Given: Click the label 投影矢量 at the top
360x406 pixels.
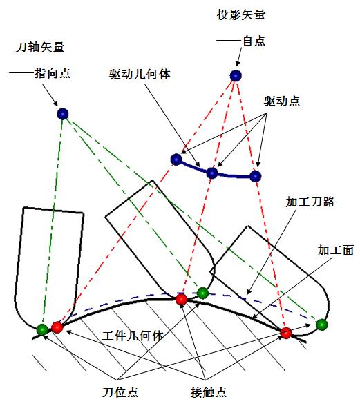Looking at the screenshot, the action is [x=241, y=14].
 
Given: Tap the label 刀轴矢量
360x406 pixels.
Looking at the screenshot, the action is [x=40, y=47].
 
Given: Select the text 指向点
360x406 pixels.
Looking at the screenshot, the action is [x=53, y=73].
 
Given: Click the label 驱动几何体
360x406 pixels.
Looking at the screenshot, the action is [x=140, y=75].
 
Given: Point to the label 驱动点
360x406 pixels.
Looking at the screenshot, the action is [x=282, y=101].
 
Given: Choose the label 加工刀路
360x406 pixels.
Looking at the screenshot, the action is [x=310, y=202].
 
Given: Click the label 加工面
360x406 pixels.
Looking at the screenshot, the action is [x=336, y=250].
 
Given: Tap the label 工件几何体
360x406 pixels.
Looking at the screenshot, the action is [x=133, y=336].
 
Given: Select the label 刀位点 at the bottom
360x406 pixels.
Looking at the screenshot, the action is [x=120, y=392].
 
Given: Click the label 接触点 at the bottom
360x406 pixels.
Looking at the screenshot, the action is [x=209, y=392].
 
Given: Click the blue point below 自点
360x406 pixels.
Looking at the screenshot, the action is [x=236, y=76].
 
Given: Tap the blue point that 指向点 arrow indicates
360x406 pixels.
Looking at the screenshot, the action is [x=63, y=114].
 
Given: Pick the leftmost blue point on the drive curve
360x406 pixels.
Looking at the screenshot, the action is [x=176, y=159].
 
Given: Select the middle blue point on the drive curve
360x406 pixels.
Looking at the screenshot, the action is [x=212, y=173].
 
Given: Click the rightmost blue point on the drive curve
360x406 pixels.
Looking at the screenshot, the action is [x=256, y=176].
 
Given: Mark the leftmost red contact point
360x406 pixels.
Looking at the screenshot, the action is [x=57, y=327].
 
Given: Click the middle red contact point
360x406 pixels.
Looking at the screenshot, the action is [x=181, y=300].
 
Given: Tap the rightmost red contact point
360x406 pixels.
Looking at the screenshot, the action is [x=286, y=333].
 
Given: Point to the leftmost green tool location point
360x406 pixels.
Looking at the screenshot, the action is [x=42, y=329].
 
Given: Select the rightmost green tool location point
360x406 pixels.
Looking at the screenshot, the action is [x=321, y=325].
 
